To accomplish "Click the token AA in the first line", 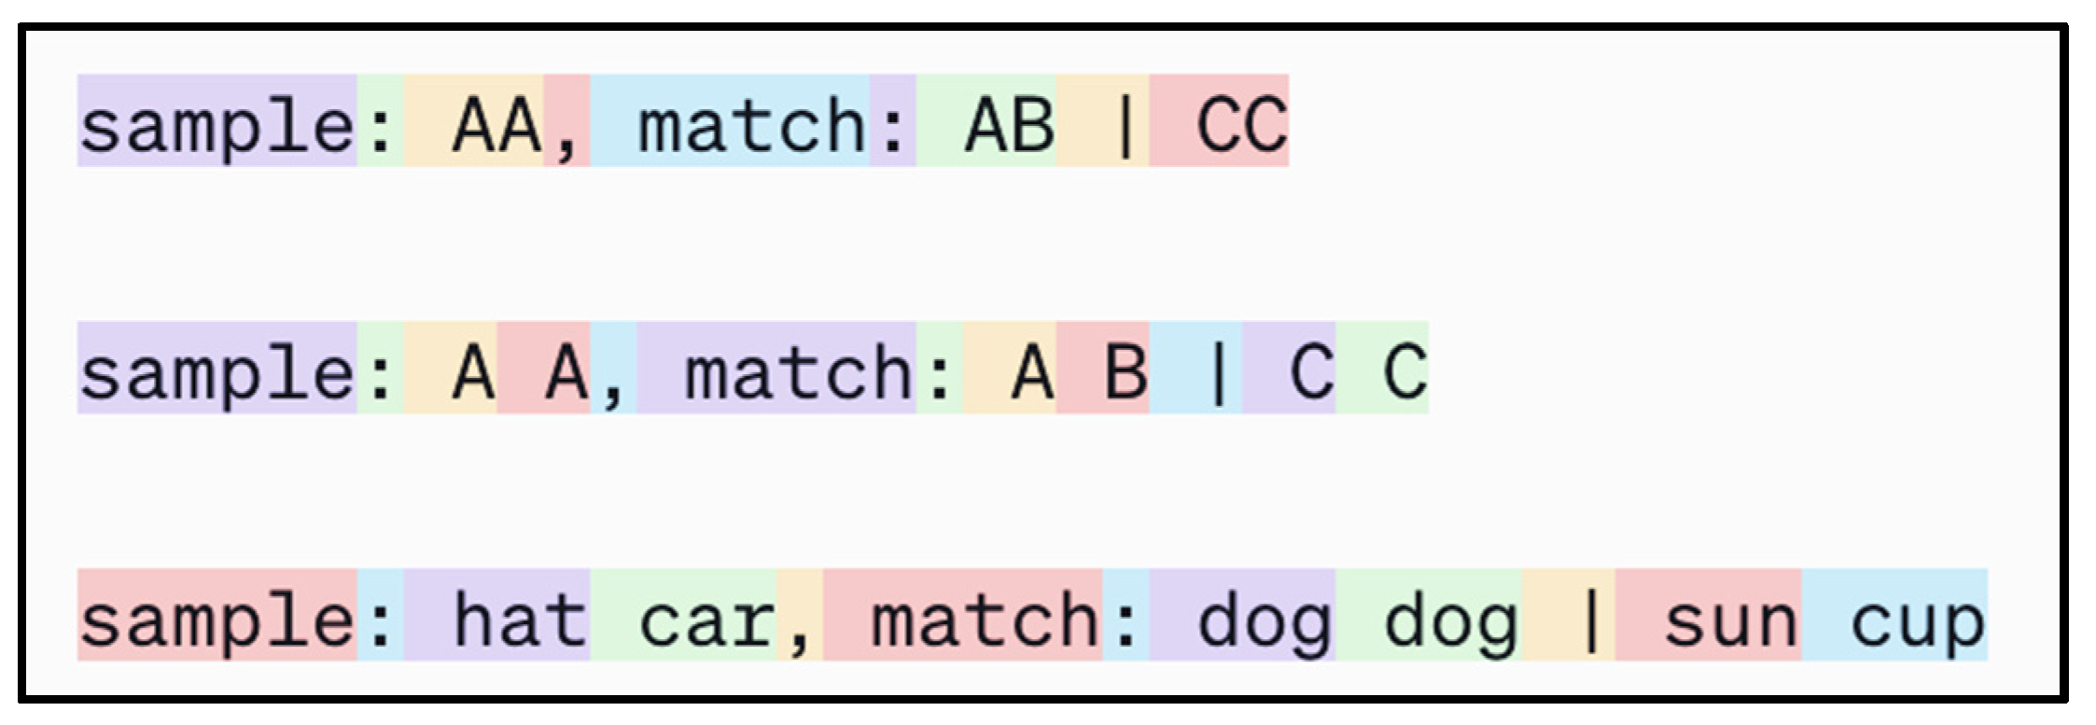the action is (x=496, y=124).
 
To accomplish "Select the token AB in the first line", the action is (x=1010, y=124).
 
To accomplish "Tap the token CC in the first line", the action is (x=1242, y=124).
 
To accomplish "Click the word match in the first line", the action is (x=752, y=124).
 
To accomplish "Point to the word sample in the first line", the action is (x=217, y=124).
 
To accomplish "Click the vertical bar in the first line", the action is (x=1125, y=124).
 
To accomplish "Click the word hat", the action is (x=520, y=619).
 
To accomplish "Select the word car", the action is (x=706, y=619).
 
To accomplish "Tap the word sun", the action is (x=1731, y=619).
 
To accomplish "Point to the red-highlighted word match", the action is (x=985, y=619).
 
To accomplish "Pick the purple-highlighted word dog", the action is (x=1265, y=619).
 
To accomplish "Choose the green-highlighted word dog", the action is (x=1451, y=619).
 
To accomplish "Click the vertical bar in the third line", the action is (x=1592, y=619).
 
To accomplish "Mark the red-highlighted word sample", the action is (x=217, y=619).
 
